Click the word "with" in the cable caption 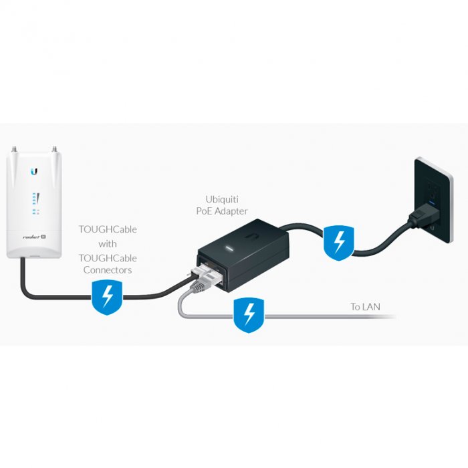[x=108, y=243]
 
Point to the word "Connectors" [x=108, y=270]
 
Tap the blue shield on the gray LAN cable [x=249, y=315]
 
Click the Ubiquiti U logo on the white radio [x=34, y=172]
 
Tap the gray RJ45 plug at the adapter [x=201, y=285]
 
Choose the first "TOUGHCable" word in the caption [x=108, y=229]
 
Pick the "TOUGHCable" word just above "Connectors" [x=108, y=257]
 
